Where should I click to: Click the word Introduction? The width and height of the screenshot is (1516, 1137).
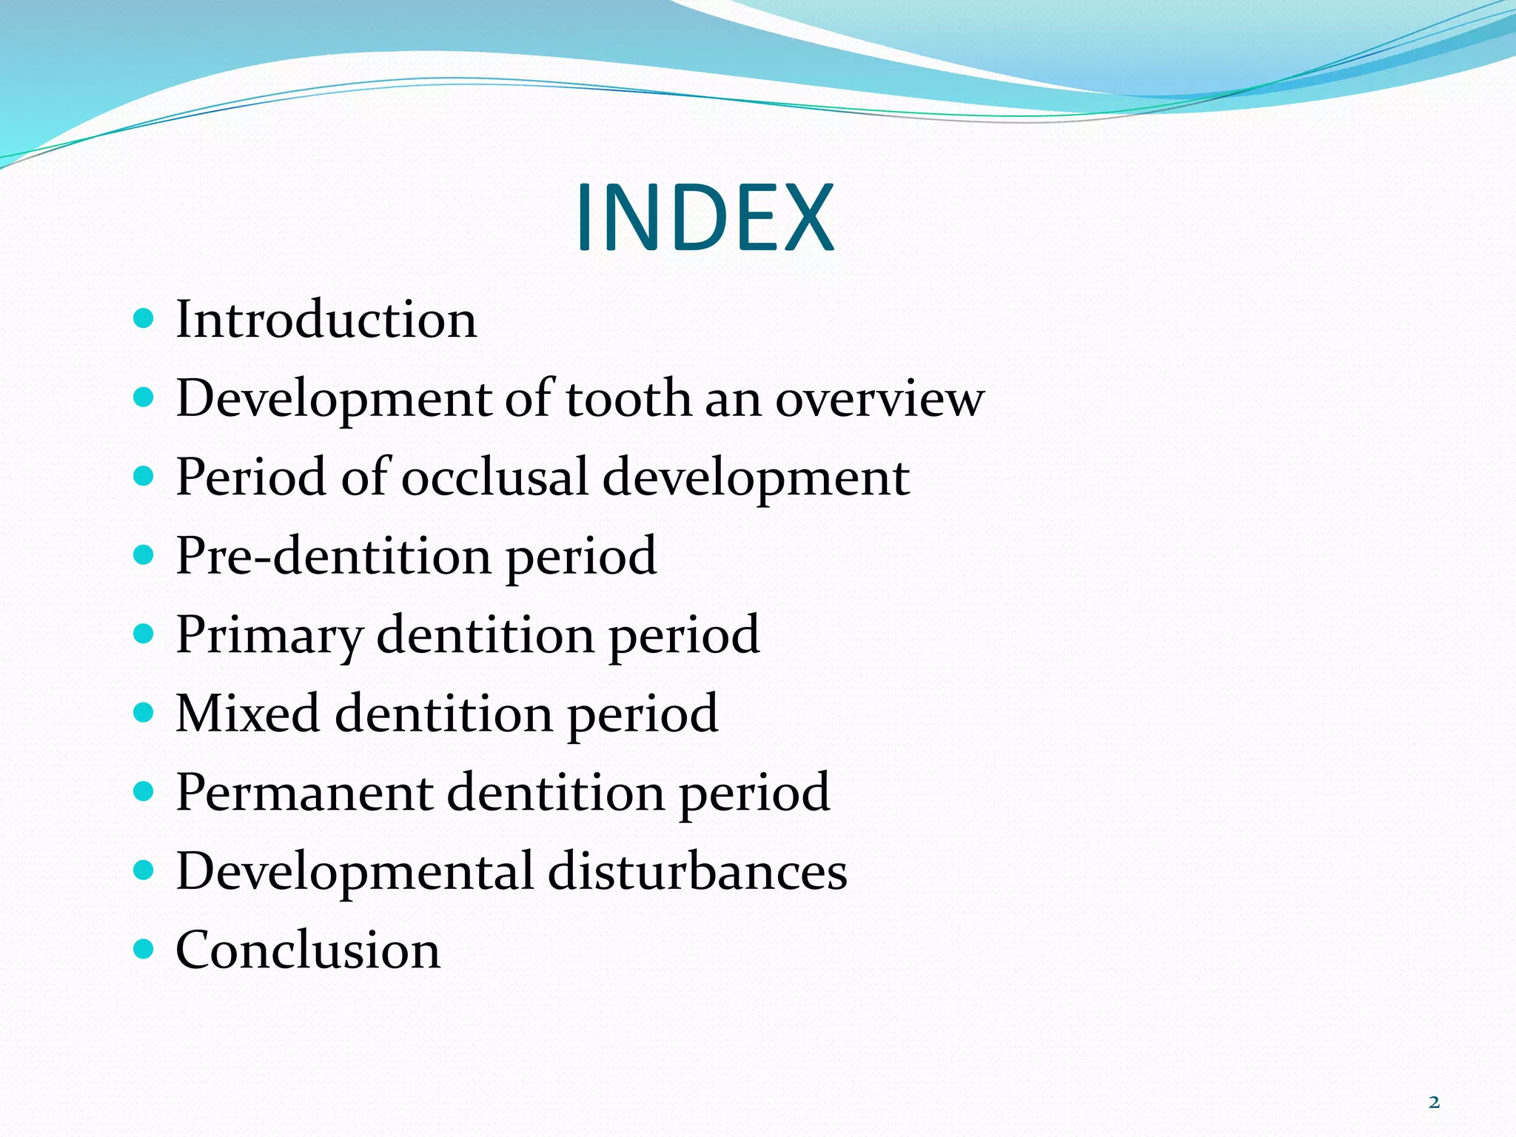tap(326, 320)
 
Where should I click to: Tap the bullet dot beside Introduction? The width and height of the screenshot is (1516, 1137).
tap(144, 319)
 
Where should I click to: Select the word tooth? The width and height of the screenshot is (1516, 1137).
tap(628, 398)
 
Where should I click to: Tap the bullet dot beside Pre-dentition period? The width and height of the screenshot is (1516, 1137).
tap(144, 554)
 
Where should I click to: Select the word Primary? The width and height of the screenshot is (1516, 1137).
tap(269, 635)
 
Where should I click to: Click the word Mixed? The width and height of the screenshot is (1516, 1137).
tap(247, 714)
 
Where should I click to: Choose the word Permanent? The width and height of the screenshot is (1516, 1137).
tap(304, 793)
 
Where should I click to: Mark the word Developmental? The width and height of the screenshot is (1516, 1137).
tap(355, 872)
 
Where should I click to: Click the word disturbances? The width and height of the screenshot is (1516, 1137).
tap(697, 871)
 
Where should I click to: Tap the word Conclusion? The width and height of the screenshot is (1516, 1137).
tap(308, 950)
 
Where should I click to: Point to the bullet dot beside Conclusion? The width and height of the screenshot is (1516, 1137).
tap(144, 948)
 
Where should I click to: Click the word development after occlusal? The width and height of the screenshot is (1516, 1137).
tap(756, 478)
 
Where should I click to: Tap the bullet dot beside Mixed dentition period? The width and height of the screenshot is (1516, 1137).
tap(144, 712)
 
